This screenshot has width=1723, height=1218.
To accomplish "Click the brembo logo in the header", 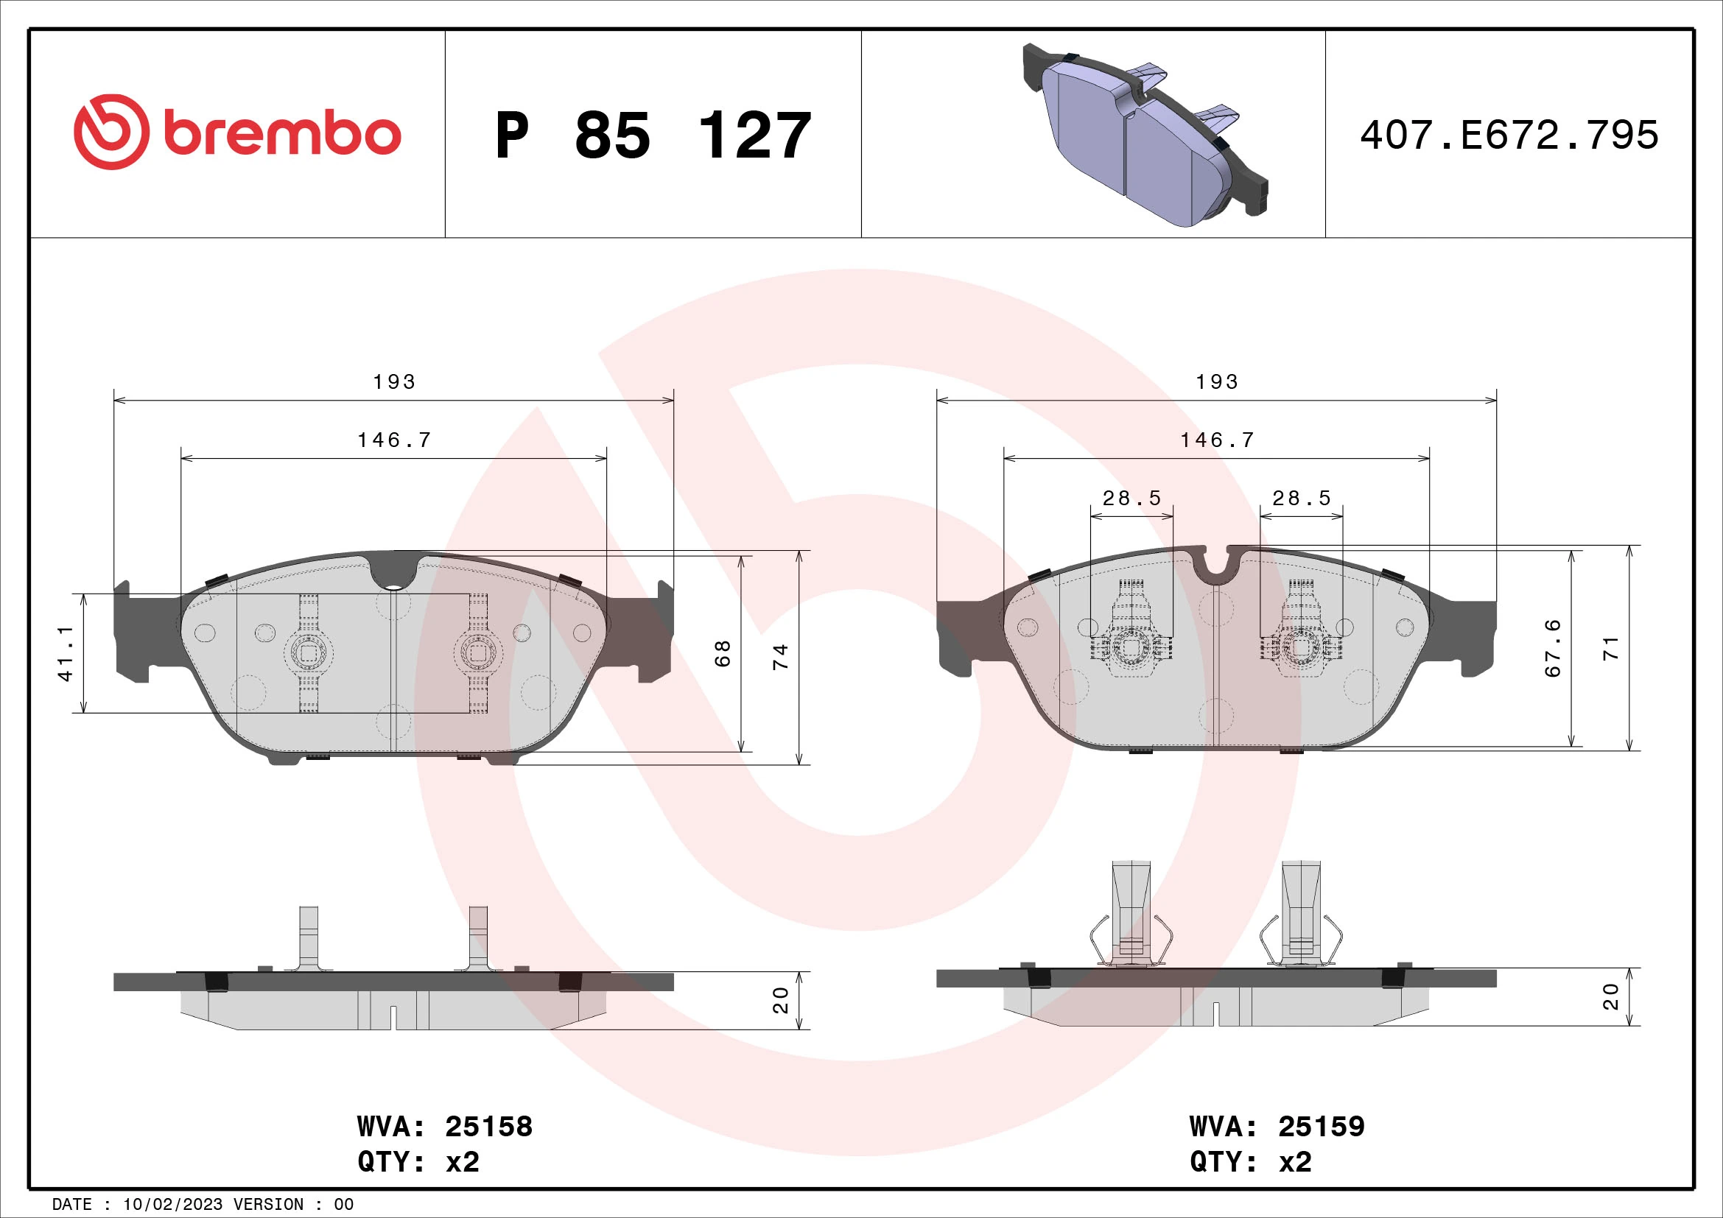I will click(x=237, y=133).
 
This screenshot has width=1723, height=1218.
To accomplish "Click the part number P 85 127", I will click(x=653, y=135).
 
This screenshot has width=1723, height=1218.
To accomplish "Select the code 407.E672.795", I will click(x=1509, y=135).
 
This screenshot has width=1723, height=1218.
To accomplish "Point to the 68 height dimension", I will click(x=722, y=653).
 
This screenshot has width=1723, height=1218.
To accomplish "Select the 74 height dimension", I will click(x=780, y=657).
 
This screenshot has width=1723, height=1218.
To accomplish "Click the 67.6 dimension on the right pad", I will click(x=1553, y=648).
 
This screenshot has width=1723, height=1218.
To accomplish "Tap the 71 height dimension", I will click(x=1611, y=648).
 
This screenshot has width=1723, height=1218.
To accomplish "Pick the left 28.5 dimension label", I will click(x=1131, y=498).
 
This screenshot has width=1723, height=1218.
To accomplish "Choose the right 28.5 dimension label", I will click(x=1301, y=498).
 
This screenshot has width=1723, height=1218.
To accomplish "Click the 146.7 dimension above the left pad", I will click(x=395, y=440).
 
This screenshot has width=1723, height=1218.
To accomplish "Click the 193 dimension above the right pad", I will click(x=1216, y=381).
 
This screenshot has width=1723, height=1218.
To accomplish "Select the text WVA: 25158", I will click(x=444, y=1127).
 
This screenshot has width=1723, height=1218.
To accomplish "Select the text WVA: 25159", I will click(x=1277, y=1127).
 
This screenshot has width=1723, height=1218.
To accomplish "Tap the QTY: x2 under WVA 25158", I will click(x=418, y=1162).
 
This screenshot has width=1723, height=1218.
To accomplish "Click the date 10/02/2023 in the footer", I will click(x=172, y=1205).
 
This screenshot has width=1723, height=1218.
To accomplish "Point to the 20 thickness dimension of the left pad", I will click(x=780, y=1001).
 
